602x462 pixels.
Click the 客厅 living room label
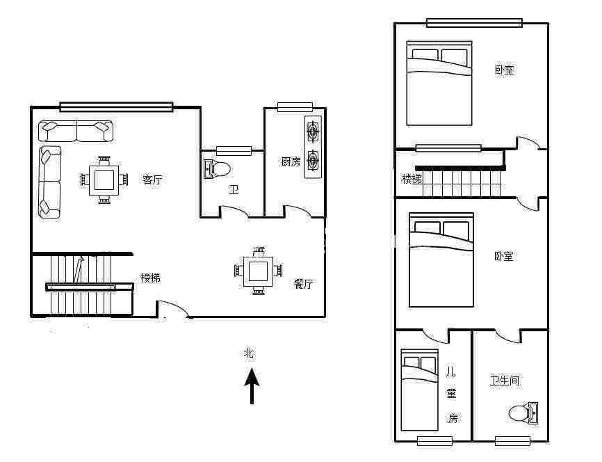pos(152,180)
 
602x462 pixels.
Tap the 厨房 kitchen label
pos(291,162)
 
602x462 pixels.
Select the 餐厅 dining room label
pos(303,284)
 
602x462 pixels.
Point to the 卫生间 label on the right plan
pos(505,381)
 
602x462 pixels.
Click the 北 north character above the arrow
pos(249,353)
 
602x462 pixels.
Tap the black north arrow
pos(252,386)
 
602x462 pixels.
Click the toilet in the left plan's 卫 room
pos(217,169)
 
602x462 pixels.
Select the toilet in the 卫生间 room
pos(523,413)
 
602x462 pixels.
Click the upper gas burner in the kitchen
pos(313,132)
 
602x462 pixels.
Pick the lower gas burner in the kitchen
pos(313,159)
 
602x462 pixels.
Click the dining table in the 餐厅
pos(259,271)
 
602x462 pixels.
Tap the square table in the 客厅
pos(104,180)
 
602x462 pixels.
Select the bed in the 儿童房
pos(419,390)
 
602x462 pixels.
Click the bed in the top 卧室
pos(439,83)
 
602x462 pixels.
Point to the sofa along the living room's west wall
pos(50,182)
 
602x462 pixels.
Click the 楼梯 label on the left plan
pos(150,278)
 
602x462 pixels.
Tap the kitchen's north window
pos(295,107)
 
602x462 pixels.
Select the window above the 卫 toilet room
pos(234,151)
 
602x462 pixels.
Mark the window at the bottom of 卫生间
pos(512,441)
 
